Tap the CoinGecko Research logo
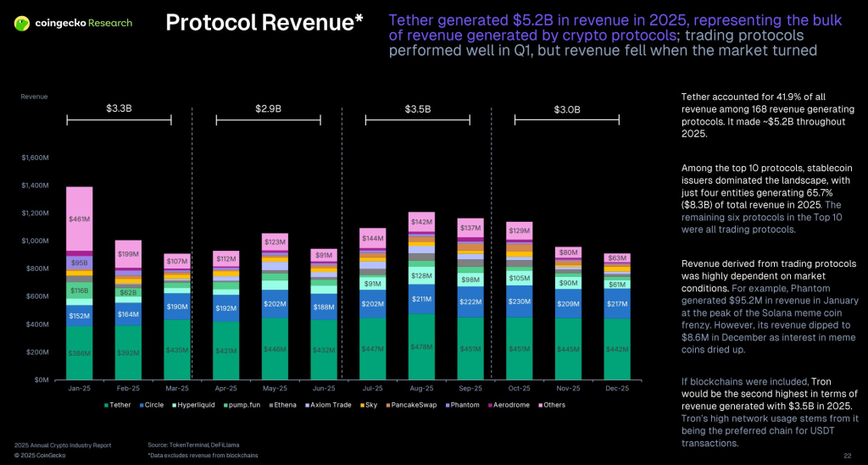tap(73, 23)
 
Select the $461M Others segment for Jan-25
tap(79, 219)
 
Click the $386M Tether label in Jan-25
tap(79, 352)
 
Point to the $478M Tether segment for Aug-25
tap(421, 346)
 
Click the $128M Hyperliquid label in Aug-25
tap(421, 275)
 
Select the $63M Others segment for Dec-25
tap(616, 257)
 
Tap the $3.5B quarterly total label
tap(416, 109)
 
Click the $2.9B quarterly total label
tap(269, 109)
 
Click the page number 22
tap(847, 456)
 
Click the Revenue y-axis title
tap(34, 97)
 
